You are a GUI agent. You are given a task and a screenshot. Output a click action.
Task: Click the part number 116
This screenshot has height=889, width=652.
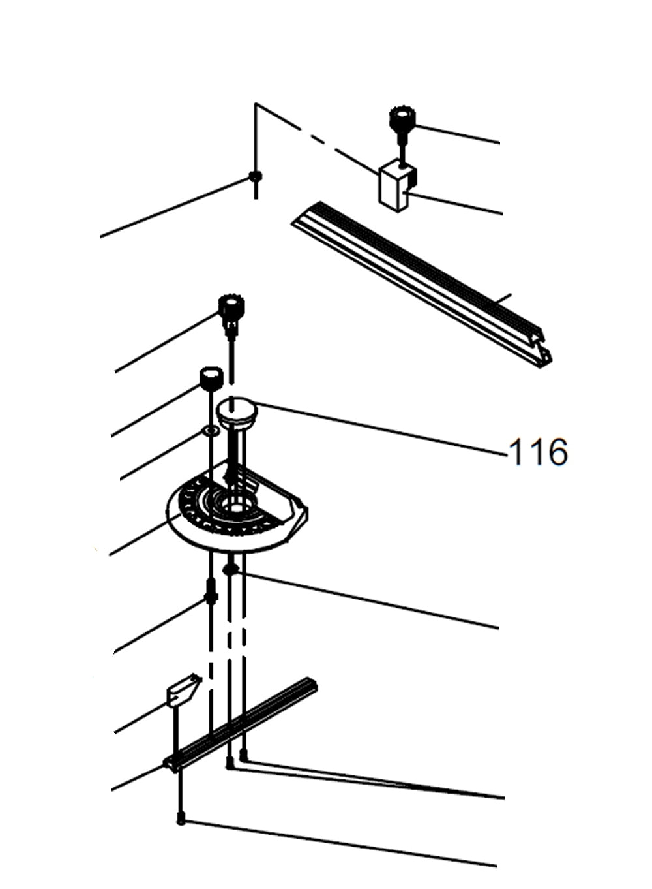pos(537,452)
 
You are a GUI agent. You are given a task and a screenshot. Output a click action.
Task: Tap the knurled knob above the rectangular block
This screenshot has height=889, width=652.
pos(402,120)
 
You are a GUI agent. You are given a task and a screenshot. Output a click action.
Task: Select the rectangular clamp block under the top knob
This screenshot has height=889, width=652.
pos(396,186)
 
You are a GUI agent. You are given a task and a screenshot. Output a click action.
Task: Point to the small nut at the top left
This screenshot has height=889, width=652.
pos(256,176)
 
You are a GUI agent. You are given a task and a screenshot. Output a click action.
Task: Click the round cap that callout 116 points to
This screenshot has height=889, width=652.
pos(237,413)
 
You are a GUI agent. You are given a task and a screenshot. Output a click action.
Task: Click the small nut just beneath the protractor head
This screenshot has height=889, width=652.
pos(230,570)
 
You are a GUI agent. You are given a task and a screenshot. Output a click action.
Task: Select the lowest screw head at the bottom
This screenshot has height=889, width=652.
pos(181,820)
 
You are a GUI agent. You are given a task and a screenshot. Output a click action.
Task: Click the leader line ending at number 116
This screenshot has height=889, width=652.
pos(378,428)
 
